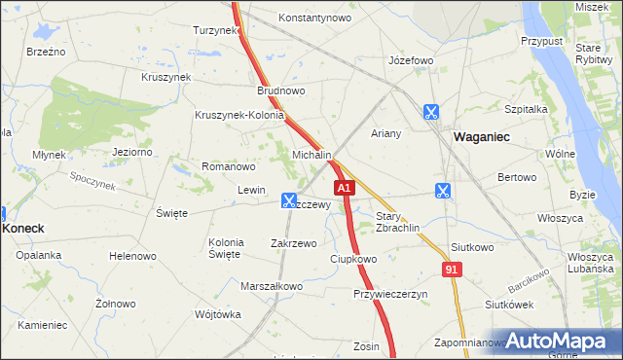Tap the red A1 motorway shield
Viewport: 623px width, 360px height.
(x=343, y=186)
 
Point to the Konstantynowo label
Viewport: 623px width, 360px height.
(x=314, y=18)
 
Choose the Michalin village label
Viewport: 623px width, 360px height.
(x=312, y=156)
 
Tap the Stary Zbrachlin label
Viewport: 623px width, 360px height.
(x=397, y=221)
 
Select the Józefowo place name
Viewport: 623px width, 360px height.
(x=410, y=60)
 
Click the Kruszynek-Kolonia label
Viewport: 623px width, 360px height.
(x=238, y=115)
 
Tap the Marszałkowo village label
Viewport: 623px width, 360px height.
(x=272, y=286)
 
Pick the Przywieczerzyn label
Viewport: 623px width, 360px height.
(x=390, y=294)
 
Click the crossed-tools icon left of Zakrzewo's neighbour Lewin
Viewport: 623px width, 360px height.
(x=289, y=200)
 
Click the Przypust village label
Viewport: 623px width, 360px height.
(x=541, y=42)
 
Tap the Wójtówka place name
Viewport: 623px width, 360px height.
(x=217, y=314)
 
